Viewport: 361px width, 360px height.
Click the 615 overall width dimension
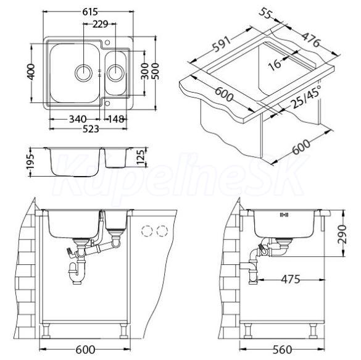(x=90, y=12)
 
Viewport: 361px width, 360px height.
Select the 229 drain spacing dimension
(x=101, y=24)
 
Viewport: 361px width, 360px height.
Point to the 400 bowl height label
(x=31, y=72)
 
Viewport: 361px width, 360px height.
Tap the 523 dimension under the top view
(x=91, y=129)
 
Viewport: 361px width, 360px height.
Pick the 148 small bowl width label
(x=116, y=119)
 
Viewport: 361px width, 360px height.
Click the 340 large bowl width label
(x=78, y=119)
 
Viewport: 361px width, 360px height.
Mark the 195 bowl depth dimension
(x=30, y=162)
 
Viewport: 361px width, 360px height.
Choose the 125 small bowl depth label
(x=141, y=157)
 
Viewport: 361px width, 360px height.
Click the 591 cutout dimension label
(x=222, y=44)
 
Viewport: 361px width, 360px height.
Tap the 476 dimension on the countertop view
(x=311, y=40)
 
